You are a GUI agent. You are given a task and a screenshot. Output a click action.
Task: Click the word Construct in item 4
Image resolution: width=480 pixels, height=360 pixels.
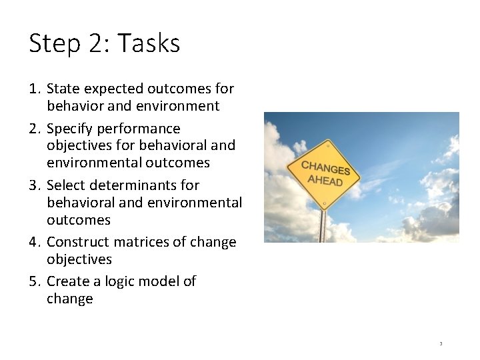tap(76, 242)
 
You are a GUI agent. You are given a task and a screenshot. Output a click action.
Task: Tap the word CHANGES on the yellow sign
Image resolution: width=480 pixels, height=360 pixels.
tap(326, 168)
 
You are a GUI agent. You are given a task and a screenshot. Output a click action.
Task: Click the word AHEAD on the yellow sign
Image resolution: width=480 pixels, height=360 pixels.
tap(325, 181)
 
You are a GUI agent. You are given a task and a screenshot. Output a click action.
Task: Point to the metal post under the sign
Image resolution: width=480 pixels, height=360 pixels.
tap(323, 227)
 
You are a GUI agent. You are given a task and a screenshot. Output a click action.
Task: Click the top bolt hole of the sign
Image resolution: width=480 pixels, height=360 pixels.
tap(328, 145)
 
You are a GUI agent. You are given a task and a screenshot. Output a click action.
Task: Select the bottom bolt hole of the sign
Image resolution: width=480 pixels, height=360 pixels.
tap(323, 201)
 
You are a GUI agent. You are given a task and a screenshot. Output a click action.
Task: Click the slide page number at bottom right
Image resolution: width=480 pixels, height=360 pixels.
tap(441, 344)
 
